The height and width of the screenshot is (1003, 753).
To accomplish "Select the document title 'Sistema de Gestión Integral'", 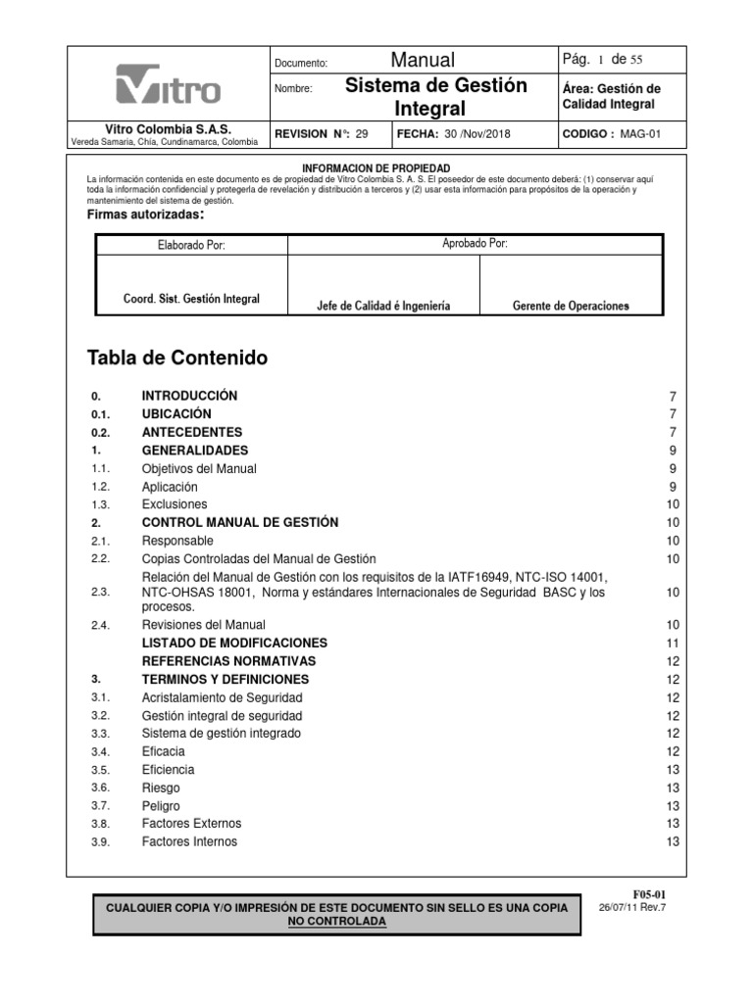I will point(436,95).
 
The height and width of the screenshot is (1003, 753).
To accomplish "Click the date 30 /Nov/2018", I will point(477,134).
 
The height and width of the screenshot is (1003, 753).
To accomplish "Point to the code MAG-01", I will point(641,134).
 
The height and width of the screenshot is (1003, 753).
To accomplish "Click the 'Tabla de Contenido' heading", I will point(177,358).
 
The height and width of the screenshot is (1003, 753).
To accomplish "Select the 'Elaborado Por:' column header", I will point(191,245).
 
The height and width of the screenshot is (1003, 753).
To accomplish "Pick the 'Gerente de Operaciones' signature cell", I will point(571,306).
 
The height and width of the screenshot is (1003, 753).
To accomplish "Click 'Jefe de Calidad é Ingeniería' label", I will point(383,306).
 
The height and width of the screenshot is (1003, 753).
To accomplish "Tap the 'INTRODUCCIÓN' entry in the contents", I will point(190,396).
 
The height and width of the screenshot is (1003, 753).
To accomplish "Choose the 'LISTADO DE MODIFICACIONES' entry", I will point(234,643).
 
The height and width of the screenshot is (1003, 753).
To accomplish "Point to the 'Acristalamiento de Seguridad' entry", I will point(222,697).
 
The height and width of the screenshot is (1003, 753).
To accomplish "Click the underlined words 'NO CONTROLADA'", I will point(336,922).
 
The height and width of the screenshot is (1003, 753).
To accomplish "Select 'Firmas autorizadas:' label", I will point(146,215).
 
